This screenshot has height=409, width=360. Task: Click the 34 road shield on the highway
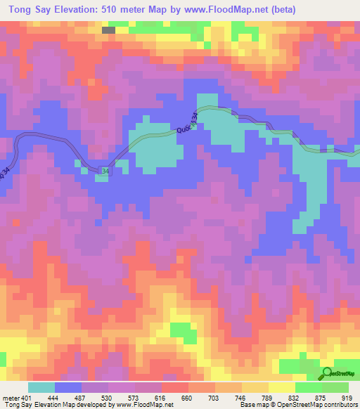tap(105, 171)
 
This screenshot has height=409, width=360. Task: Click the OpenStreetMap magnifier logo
tap(328, 374)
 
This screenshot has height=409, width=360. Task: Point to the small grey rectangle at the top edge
tap(108, 30)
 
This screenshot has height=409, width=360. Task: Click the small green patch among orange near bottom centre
tap(181, 330)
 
